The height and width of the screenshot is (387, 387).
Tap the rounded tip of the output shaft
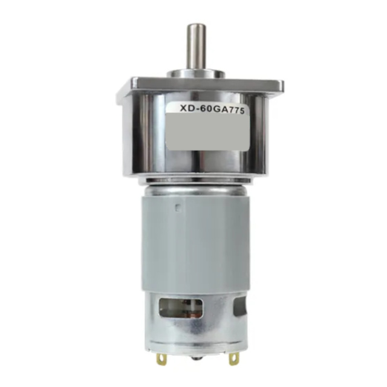pyautogui.click(x=196, y=26)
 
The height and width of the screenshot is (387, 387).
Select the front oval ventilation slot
pyautogui.click(x=181, y=308)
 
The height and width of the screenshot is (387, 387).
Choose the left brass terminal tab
pyautogui.click(x=161, y=359)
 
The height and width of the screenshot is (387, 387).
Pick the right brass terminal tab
pyautogui.click(x=233, y=359)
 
